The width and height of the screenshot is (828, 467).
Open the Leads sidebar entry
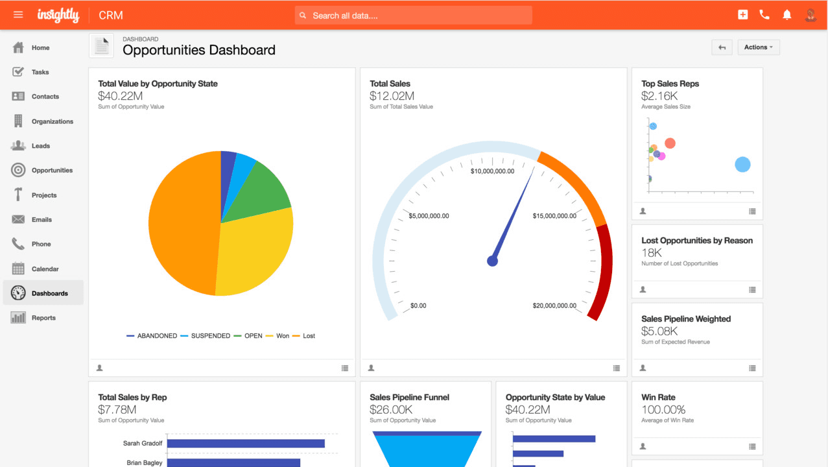(x=40, y=146)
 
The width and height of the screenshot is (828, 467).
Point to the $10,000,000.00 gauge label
(x=493, y=171)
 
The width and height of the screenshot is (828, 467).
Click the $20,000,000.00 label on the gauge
(x=554, y=305)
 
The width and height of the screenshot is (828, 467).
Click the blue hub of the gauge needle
(x=492, y=261)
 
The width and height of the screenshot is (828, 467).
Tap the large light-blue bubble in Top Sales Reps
(x=742, y=165)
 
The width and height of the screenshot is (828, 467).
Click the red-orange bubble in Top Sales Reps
(x=670, y=143)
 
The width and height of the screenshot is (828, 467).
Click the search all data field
(x=415, y=16)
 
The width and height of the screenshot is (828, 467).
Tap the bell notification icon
(x=787, y=15)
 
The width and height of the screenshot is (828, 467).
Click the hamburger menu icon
(x=18, y=15)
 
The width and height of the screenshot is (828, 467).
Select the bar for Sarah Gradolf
(x=246, y=444)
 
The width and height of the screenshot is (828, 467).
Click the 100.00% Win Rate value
(x=663, y=409)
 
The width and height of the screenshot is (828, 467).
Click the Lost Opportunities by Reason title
(x=696, y=241)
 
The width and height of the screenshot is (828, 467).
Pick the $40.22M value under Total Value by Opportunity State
(x=120, y=96)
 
